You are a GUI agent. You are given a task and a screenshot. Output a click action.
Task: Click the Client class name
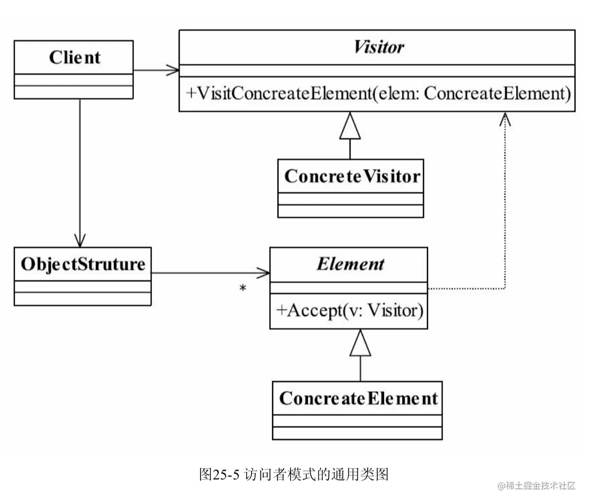point(74,57)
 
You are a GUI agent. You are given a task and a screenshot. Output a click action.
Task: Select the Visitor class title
point(378,47)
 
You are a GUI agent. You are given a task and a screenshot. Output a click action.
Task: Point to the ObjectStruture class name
point(83,264)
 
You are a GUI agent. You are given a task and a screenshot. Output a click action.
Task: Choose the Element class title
point(350,264)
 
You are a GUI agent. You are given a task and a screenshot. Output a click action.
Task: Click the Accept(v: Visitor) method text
point(350,310)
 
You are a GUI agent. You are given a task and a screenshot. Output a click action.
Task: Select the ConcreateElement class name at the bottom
point(358,398)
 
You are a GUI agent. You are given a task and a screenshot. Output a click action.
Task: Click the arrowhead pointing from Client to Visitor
point(173,70)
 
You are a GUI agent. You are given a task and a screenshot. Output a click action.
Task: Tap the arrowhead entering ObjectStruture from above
point(80,240)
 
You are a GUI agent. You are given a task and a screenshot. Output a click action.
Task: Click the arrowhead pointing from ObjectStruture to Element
point(263,273)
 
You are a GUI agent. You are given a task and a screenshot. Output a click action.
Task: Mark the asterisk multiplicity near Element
point(242,289)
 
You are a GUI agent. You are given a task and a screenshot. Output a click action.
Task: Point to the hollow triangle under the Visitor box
point(350,126)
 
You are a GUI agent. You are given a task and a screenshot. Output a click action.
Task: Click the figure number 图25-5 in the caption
point(220,474)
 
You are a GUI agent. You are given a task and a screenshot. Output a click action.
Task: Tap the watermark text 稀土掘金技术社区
point(540,486)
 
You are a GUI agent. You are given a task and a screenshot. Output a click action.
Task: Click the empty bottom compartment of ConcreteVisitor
point(350,211)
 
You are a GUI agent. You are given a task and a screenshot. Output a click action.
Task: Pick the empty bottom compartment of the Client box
point(74,92)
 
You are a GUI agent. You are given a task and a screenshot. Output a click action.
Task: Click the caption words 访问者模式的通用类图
point(316,474)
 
